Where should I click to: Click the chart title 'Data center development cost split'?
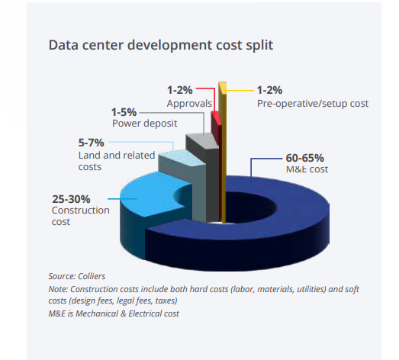click(x=160, y=45)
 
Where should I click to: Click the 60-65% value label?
click(x=306, y=157)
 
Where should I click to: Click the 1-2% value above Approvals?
click(x=181, y=90)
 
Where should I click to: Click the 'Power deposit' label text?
click(x=146, y=124)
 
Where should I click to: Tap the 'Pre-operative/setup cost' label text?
click(x=313, y=102)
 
